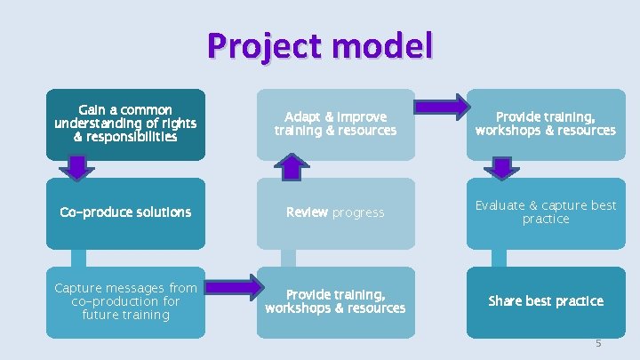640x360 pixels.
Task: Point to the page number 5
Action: [x=598, y=342]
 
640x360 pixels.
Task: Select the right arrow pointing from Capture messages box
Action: [x=231, y=291]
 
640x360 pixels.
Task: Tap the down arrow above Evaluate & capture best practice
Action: [x=503, y=166]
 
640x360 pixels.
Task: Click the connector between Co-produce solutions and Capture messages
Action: [x=79, y=258]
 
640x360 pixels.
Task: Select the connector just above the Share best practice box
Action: [x=499, y=258]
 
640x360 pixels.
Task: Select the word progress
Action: [x=358, y=212]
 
